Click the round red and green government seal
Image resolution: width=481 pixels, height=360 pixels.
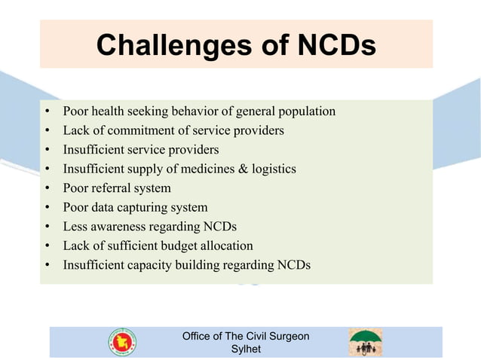[122, 343]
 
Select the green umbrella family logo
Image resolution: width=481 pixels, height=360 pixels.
[365, 342]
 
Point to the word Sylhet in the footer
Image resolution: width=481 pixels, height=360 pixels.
[245, 349]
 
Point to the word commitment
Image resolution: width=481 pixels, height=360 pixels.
[127, 130]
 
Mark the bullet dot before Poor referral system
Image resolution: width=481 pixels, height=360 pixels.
[47, 188]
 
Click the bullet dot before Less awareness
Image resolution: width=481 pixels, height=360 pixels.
[47, 226]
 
